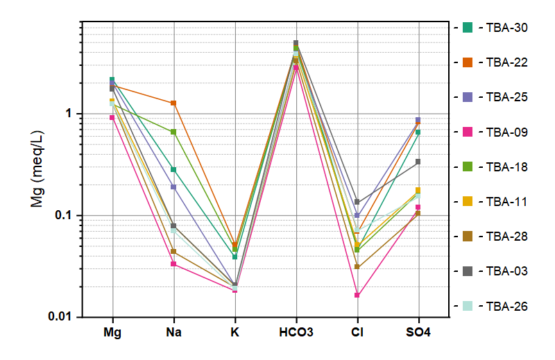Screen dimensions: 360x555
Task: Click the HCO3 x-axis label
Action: click(296, 333)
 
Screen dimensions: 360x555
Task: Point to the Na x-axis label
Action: click(173, 333)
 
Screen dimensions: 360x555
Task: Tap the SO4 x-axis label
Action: click(418, 333)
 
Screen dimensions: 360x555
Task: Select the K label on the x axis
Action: click(234, 333)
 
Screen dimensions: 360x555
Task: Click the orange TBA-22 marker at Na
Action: click(173, 103)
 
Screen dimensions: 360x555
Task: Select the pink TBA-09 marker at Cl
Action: click(357, 295)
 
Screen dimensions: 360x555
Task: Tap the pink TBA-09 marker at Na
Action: click(173, 264)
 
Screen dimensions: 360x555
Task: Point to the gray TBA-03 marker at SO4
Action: click(418, 162)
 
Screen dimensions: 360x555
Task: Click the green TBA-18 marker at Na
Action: click(173, 132)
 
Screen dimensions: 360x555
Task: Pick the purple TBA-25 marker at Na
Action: click(173, 187)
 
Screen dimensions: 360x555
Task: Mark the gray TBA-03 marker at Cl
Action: click(357, 202)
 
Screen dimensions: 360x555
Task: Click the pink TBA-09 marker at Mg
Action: click(112, 118)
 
